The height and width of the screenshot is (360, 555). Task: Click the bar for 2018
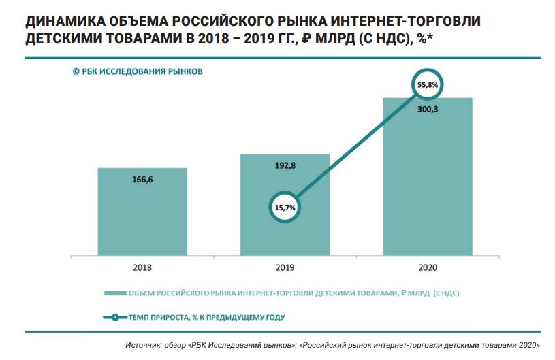142,218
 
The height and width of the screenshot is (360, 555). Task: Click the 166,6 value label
142,180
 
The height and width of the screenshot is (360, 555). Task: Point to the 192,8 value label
285,165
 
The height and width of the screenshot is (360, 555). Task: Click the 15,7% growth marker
285,207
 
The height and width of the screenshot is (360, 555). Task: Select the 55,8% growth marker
428,84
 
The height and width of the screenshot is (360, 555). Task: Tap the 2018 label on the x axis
142,267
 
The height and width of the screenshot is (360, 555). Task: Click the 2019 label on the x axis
285,267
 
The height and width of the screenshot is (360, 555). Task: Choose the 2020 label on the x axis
428,267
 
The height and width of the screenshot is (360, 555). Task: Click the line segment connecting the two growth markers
356,146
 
